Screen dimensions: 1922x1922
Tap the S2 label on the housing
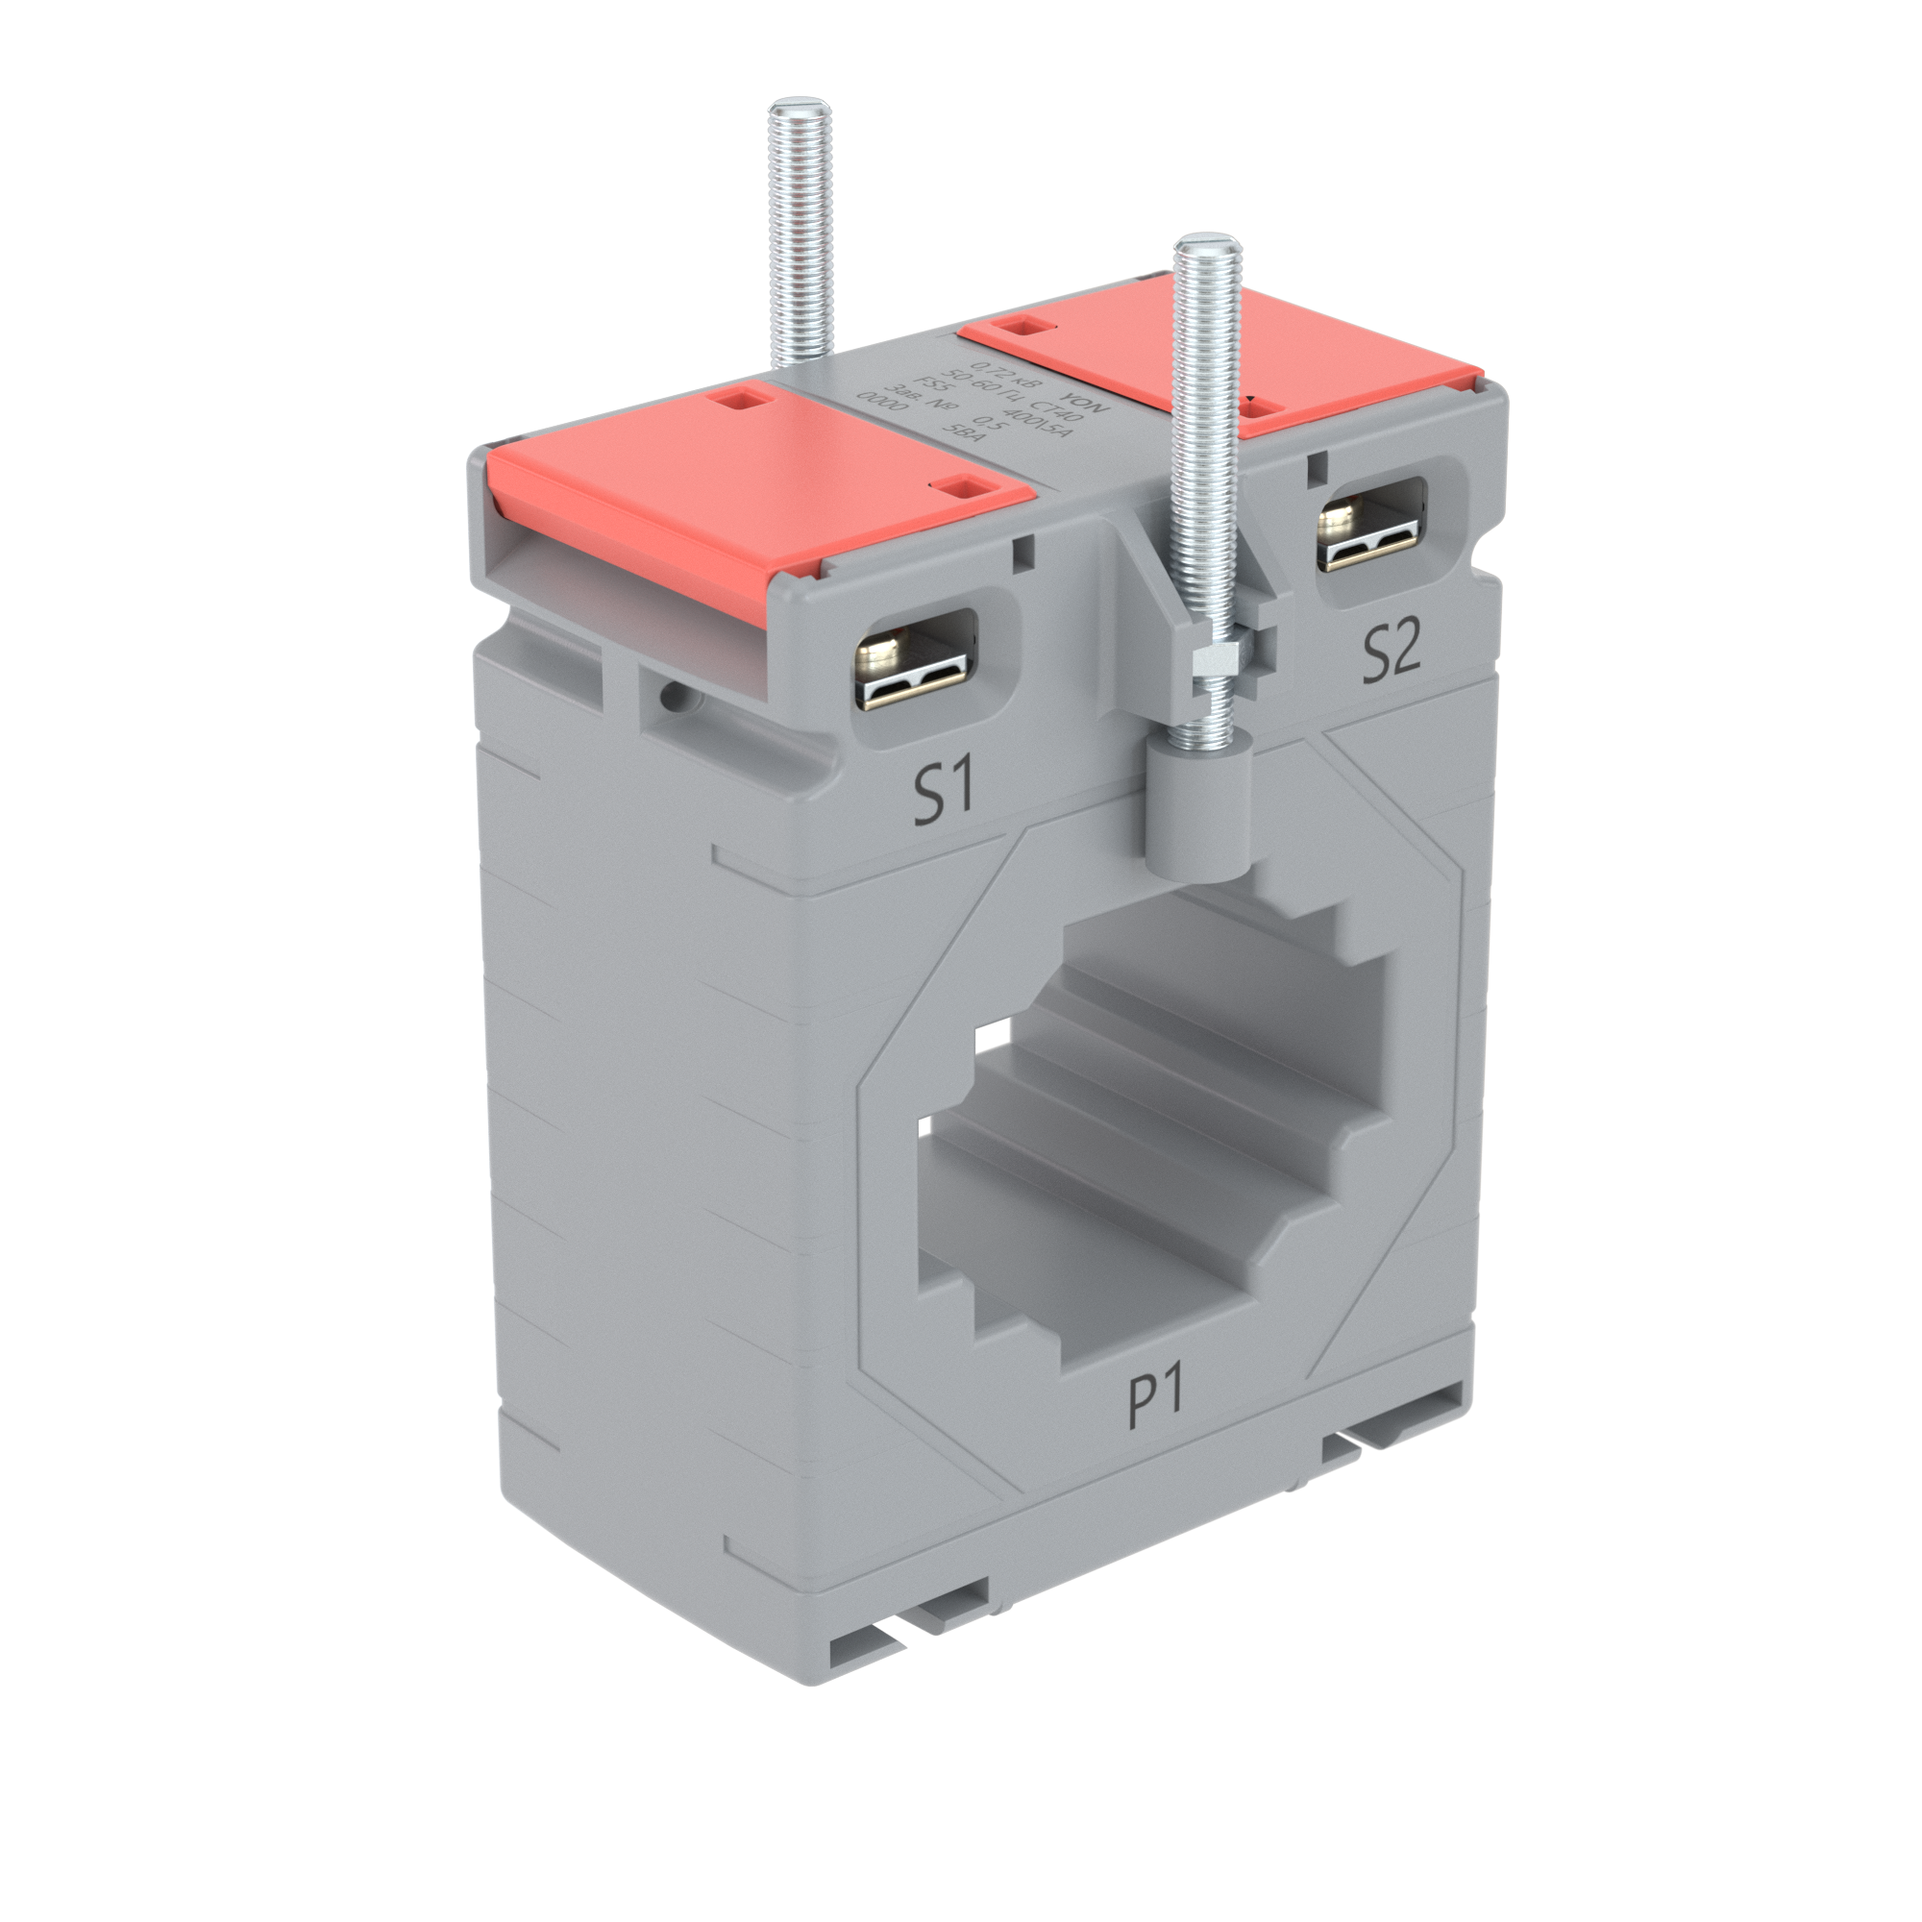coord(1390,651)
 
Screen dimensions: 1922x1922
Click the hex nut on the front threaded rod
coord(1215,656)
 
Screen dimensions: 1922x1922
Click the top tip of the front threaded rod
coord(1205,245)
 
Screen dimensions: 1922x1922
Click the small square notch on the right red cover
coord(1025,326)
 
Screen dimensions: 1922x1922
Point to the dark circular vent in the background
coord(149,1264)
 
